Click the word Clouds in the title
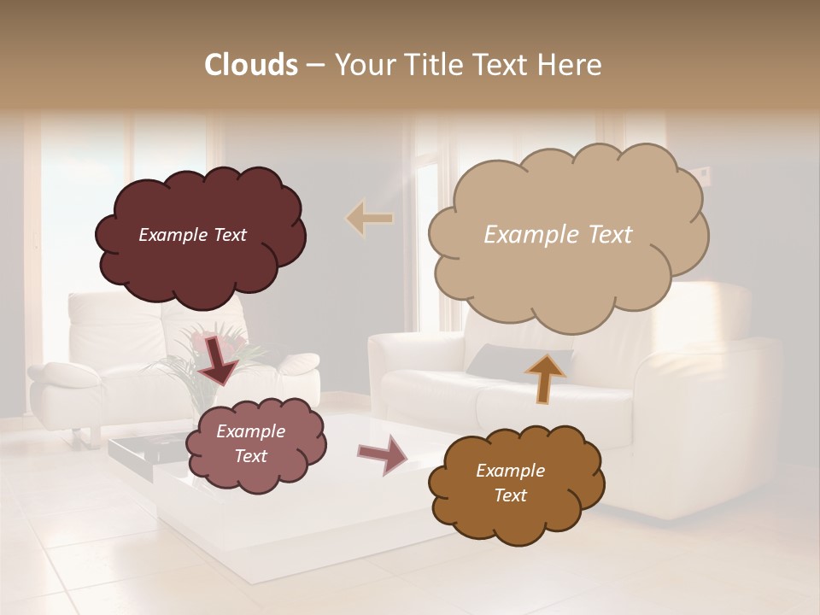tap(250, 65)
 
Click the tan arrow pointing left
tap(369, 219)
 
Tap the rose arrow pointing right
tap(383, 454)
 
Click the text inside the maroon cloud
tap(192, 235)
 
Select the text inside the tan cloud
tap(558, 235)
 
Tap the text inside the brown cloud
tap(510, 483)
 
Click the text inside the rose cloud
tap(250, 444)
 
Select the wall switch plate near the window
tap(702, 176)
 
